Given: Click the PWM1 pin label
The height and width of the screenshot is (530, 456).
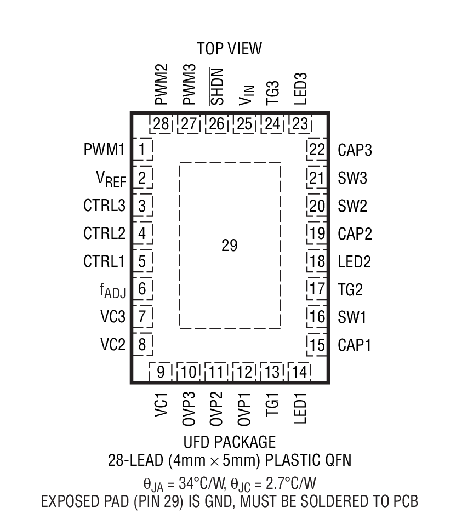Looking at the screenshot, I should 104,149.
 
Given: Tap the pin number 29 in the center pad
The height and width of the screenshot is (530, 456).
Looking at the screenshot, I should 229,246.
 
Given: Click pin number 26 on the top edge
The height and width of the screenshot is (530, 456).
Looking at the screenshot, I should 217,124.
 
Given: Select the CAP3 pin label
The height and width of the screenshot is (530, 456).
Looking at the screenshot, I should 355,150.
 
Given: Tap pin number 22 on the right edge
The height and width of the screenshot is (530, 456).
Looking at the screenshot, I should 317,150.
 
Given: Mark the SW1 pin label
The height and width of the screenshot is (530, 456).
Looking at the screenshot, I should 351,317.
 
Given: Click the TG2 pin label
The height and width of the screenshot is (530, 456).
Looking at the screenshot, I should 350,289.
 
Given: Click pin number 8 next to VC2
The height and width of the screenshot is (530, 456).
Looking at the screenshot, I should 142,345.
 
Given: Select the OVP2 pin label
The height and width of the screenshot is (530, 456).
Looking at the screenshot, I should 218,406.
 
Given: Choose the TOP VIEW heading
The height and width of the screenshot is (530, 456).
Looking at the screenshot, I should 229,49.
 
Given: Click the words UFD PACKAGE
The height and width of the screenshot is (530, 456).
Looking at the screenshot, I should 229,442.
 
